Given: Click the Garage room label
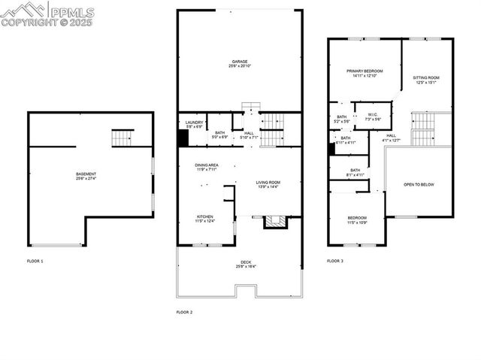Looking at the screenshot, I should click(240, 62).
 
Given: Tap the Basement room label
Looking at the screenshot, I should click(86, 174).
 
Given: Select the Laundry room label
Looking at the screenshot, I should click(194, 123).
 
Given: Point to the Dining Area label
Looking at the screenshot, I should click(206, 165).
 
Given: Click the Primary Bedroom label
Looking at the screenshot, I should click(364, 71).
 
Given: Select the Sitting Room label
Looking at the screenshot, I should click(426, 77).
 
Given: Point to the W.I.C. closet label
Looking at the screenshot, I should click(373, 116).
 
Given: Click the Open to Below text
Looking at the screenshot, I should click(419, 184).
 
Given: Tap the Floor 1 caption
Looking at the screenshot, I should click(35, 261).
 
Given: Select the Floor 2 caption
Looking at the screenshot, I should click(185, 311).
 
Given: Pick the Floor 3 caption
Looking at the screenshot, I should click(335, 261).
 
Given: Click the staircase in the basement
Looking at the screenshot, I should click(122, 138).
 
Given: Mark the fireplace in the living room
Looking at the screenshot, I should click(274, 221).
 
